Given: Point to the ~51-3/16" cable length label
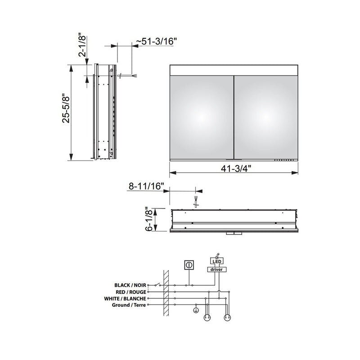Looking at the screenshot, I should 157,41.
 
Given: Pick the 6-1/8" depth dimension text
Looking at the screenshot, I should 149,219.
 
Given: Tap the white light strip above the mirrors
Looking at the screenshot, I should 234,70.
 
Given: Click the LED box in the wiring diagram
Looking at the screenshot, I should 216,261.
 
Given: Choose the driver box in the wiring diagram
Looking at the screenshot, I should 216,269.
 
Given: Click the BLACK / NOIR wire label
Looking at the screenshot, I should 130,285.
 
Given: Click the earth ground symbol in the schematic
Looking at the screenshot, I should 196,310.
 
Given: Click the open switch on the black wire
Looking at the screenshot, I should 156,285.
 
